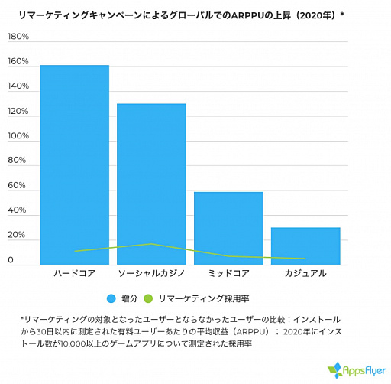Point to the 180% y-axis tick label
coord(18,37)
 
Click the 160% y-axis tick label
coord(18,61)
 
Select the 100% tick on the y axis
coord(18,136)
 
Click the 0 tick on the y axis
coord(11,260)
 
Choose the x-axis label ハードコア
coord(74,273)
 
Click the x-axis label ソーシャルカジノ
coord(152,273)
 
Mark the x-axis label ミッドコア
coord(229,273)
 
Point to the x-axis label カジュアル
coord(305,273)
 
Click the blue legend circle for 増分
coord(111,298)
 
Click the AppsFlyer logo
coord(355,369)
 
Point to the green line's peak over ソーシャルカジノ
coord(151,244)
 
